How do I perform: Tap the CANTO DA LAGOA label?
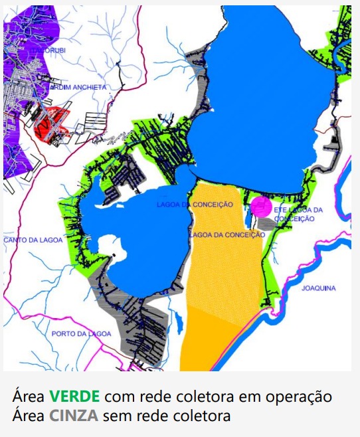coord(29,239)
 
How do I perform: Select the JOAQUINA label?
coord(318,288)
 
